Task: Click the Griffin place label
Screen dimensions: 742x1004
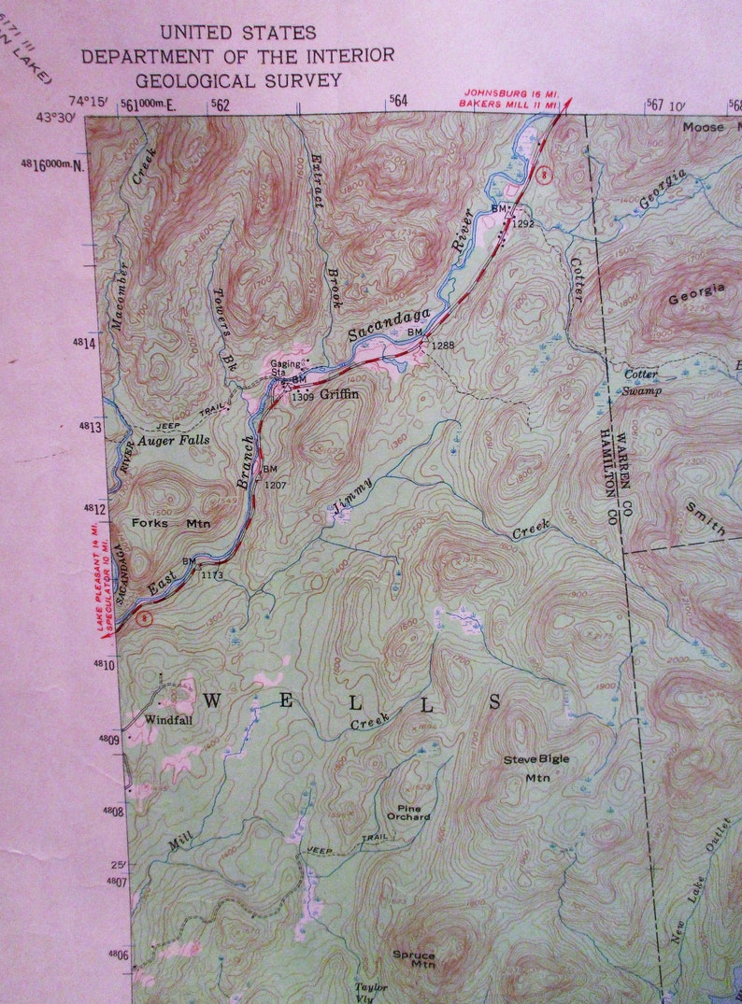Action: click(x=338, y=395)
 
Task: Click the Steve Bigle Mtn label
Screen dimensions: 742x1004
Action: click(x=536, y=767)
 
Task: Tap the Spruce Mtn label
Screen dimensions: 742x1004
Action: click(x=413, y=959)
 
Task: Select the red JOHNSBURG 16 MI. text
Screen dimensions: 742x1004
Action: click(x=510, y=93)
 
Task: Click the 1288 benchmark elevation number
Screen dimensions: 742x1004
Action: click(x=443, y=346)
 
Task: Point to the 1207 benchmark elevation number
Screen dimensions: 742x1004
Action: click(x=276, y=485)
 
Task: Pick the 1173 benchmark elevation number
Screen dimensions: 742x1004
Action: click(x=212, y=574)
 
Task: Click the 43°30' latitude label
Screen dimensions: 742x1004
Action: click(x=55, y=117)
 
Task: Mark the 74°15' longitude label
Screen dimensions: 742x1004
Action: click(x=85, y=101)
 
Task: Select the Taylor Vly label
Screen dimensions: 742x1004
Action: click(x=370, y=991)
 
